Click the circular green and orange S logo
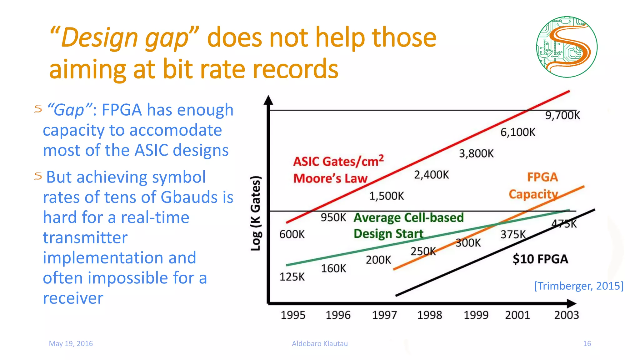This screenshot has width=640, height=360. click(x=567, y=47)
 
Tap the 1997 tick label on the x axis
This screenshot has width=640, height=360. click(x=384, y=315)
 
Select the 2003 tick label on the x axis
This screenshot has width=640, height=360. click(x=566, y=315)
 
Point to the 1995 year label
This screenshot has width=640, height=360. click(x=293, y=315)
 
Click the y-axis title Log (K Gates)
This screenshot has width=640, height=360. click(x=256, y=213)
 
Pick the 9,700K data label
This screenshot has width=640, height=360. click(x=562, y=115)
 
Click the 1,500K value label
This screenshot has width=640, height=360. click(x=386, y=196)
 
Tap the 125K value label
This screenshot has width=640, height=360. click(x=292, y=277)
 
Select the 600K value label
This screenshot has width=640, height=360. click(x=292, y=234)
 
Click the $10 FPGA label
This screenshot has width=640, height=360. click(x=540, y=259)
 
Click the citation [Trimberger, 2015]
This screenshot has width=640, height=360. click(x=578, y=286)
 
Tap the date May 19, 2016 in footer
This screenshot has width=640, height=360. click(x=71, y=343)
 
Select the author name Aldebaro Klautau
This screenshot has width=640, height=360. click(x=320, y=343)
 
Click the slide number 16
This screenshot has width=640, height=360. click(x=587, y=343)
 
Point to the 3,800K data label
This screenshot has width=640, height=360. click(x=476, y=153)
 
